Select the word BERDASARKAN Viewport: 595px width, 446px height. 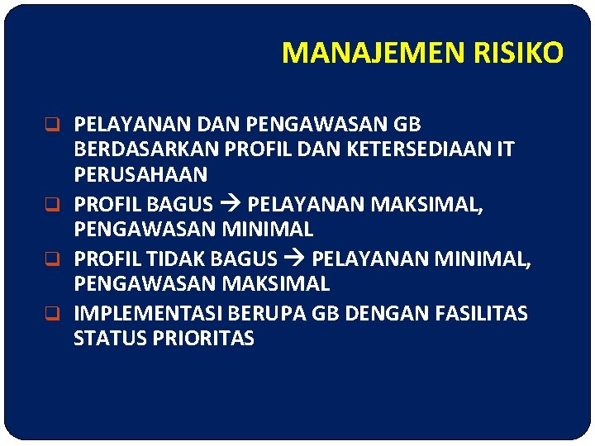point(141,150)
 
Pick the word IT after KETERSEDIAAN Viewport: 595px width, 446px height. point(503,150)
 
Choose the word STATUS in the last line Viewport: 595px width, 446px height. point(107,339)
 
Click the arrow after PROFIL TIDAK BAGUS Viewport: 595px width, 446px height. point(294,259)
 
